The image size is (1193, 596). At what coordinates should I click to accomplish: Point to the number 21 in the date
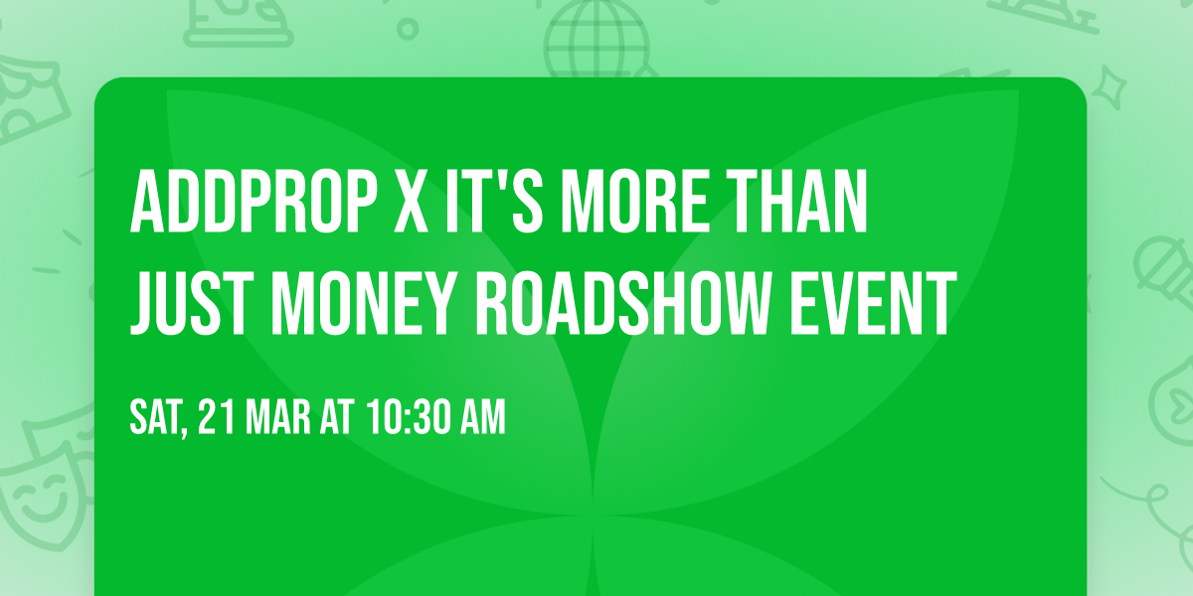217,418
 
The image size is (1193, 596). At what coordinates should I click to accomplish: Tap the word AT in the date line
335,418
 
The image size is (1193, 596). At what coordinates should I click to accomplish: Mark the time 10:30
406,418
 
